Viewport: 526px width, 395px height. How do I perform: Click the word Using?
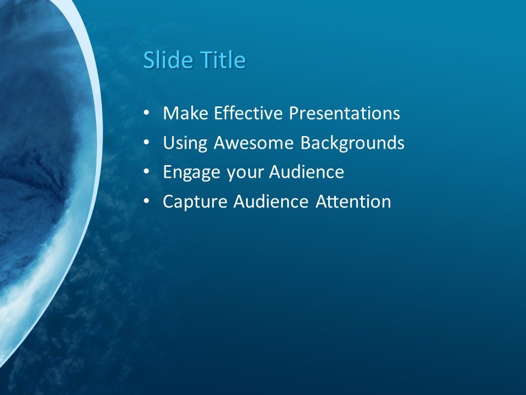coord(186,143)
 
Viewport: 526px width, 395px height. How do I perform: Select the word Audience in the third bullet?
coord(306,173)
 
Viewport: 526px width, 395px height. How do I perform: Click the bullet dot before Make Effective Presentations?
coord(146,114)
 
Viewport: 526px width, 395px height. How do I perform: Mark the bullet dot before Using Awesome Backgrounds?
coord(146,143)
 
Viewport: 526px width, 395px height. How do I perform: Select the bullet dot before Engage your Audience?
coord(146,173)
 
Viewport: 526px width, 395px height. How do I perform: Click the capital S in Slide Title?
coord(148,60)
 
